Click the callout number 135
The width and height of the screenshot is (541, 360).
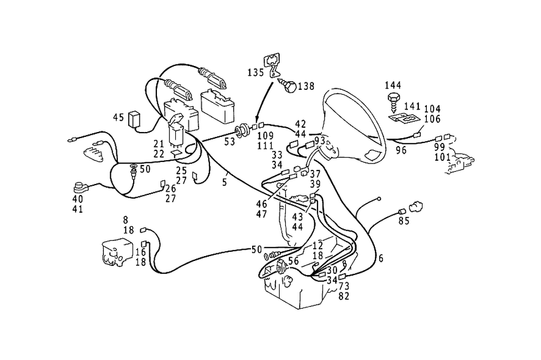(x=256, y=72)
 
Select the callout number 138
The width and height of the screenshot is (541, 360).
(x=306, y=85)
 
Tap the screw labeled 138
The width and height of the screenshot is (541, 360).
(x=289, y=85)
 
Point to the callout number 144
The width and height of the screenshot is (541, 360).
(x=393, y=85)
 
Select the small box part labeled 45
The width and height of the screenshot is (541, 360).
(x=134, y=119)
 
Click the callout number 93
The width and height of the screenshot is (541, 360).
(x=320, y=141)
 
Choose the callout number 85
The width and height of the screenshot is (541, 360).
(x=404, y=221)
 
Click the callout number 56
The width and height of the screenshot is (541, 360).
(x=294, y=261)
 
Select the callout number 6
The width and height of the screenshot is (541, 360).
(x=381, y=259)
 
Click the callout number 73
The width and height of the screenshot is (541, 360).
(x=344, y=286)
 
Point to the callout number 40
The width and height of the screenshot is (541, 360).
(x=77, y=199)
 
